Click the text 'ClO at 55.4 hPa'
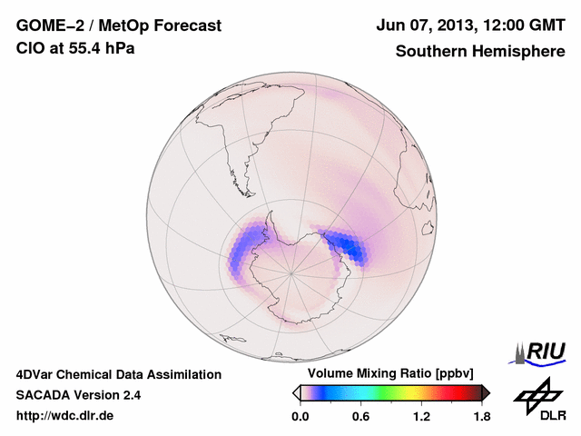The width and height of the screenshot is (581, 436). tap(75, 48)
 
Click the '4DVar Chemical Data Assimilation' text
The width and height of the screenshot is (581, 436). tap(118, 374)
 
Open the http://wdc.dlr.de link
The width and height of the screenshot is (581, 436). tap(66, 416)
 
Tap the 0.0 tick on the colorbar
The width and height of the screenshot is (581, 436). tap(300, 417)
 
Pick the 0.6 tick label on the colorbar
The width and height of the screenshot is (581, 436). tap(360, 417)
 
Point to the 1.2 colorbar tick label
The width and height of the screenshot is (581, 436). tap(421, 417)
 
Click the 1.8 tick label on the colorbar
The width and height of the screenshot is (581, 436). tap(481, 417)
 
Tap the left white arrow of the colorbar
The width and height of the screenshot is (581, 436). tap(296, 392)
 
